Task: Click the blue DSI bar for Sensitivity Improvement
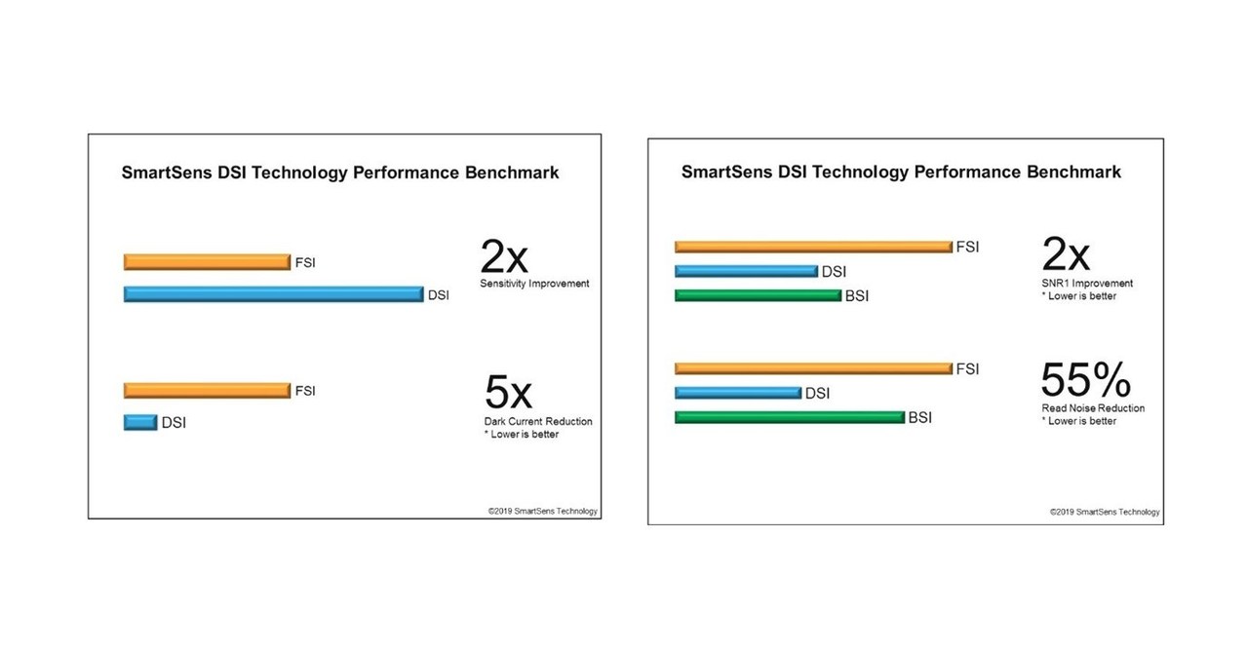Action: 273,294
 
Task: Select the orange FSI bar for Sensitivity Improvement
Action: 207,261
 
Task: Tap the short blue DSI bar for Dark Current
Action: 140,422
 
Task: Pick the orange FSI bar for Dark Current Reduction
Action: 207,391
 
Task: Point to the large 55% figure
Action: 1085,380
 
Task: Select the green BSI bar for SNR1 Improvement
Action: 758,295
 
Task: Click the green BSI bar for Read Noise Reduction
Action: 790,417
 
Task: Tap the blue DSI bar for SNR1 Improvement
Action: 746,271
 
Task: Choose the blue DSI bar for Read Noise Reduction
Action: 737,393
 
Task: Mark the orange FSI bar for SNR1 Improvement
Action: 813,248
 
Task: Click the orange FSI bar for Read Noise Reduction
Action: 813,368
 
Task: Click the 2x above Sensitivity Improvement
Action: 504,257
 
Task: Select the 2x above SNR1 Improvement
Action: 1066,255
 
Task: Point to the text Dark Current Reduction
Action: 538,421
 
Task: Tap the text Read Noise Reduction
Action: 1093,408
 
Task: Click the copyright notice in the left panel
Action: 542,511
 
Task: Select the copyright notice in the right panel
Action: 1104,511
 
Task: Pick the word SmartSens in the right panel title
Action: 725,172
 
